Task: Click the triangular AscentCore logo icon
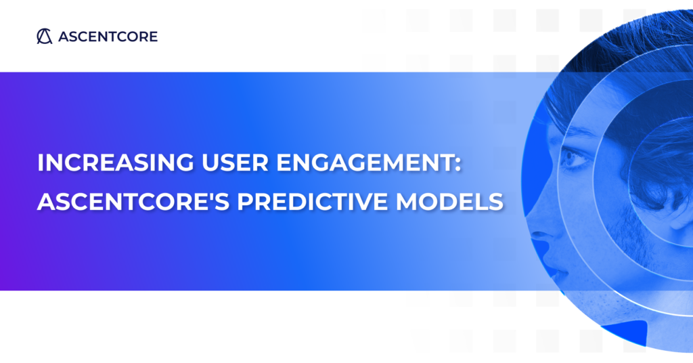[45, 37]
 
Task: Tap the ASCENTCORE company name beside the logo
[108, 37]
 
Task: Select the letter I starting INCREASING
[41, 163]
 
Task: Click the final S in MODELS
[496, 201]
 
